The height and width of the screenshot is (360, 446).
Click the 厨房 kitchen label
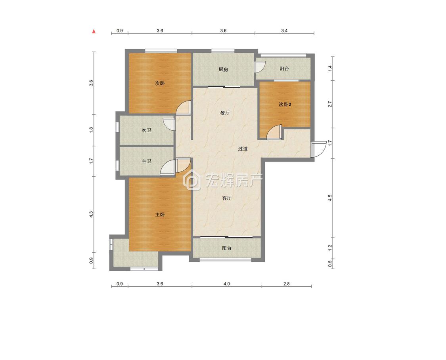tap(223, 69)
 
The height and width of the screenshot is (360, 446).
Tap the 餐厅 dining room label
tap(225, 113)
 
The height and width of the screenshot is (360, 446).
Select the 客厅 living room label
tap(227, 198)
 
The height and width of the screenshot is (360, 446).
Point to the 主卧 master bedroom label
tap(160, 215)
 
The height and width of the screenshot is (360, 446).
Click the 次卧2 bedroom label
tap(285, 104)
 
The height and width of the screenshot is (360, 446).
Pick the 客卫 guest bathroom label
tap(146, 130)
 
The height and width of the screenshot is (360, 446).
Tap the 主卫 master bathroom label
tap(146, 162)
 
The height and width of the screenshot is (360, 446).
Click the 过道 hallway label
tap(243, 149)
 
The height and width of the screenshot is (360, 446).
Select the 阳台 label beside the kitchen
tap(284, 69)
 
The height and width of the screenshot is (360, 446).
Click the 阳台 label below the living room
tap(227, 248)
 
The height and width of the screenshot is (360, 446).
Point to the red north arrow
tap(94, 31)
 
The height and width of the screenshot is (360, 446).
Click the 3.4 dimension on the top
tap(284, 30)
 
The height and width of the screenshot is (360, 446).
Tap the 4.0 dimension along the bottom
tap(227, 284)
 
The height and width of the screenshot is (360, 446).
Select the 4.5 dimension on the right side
tap(330, 198)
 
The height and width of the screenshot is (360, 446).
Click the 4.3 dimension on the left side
tap(91, 215)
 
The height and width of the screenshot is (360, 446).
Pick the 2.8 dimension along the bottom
tap(286, 284)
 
